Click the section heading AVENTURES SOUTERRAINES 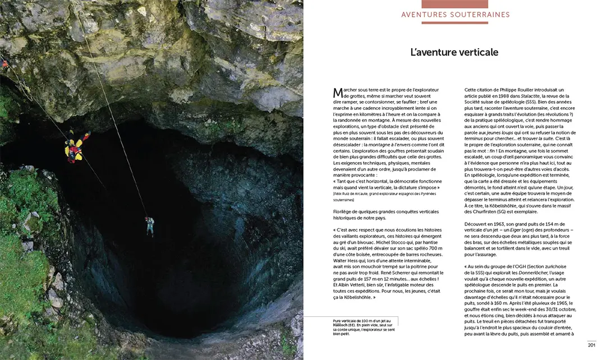pyautogui.click(x=455, y=15)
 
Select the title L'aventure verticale pyautogui.click(x=454, y=52)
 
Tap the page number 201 pyautogui.click(x=591, y=344)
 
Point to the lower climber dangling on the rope pyautogui.click(x=149, y=226)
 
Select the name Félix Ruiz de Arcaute pyautogui.click(x=355, y=193)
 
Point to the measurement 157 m pyautogui.click(x=375, y=279)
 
